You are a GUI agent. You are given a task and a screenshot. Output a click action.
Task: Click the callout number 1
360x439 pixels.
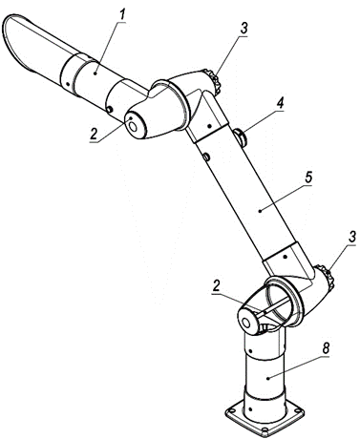[121, 15]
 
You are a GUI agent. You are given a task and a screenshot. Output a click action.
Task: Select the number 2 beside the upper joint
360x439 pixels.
[94, 135]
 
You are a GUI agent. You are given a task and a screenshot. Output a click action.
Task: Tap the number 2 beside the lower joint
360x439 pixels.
[217, 286]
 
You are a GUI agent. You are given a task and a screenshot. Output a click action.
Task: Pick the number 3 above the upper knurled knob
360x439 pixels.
[244, 29]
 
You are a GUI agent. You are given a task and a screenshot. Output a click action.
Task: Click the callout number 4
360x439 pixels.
[280, 104]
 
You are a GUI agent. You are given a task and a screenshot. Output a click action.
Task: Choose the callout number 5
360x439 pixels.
[308, 178]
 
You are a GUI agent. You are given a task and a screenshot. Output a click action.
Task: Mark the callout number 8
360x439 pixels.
[326, 348]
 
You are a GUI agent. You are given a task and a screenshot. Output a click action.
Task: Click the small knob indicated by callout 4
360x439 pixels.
[241, 137]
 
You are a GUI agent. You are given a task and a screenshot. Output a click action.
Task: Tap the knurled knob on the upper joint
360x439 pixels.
[214, 82]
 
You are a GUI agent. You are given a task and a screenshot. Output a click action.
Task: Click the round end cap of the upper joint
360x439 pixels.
[134, 126]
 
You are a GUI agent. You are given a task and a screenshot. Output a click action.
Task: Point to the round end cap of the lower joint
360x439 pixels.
[247, 322]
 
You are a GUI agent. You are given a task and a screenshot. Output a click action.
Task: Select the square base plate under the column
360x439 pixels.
[265, 418]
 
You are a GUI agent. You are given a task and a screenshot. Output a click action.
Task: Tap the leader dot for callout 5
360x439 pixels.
[260, 210]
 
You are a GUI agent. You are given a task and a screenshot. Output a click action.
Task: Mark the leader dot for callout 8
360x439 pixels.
[268, 378]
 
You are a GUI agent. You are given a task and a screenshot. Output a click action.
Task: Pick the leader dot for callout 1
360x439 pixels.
[95, 73]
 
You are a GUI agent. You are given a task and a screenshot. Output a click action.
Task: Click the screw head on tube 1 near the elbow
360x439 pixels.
[110, 110]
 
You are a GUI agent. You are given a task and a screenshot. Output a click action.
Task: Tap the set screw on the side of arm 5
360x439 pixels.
[206, 157]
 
